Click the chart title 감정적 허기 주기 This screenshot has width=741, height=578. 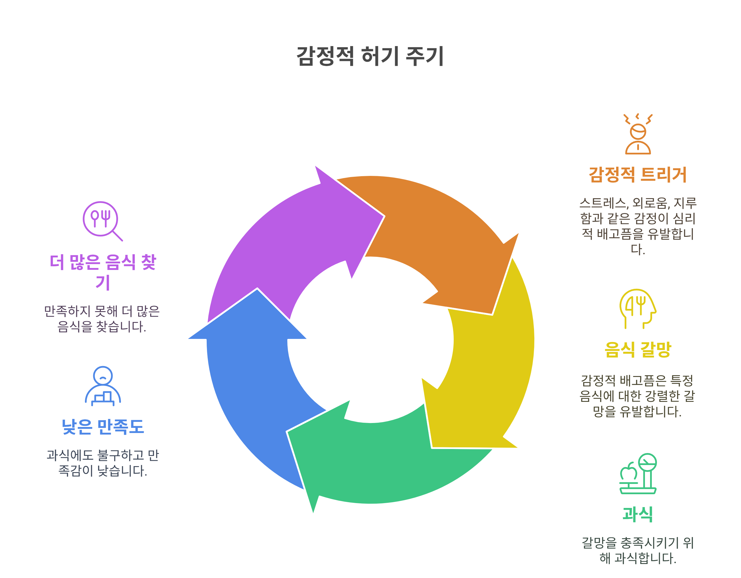pos(370,56)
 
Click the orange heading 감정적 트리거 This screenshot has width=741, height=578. pos(638,175)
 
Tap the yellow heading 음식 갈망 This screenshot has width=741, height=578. pos(638,349)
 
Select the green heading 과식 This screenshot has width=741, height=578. pos(638,514)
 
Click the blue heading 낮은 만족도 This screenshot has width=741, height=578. pos(103,427)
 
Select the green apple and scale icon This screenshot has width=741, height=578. pos(638,473)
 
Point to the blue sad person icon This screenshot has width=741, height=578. pos(103,386)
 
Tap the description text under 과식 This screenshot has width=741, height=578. pos(638,550)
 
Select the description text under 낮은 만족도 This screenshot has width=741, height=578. pos(103,463)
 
